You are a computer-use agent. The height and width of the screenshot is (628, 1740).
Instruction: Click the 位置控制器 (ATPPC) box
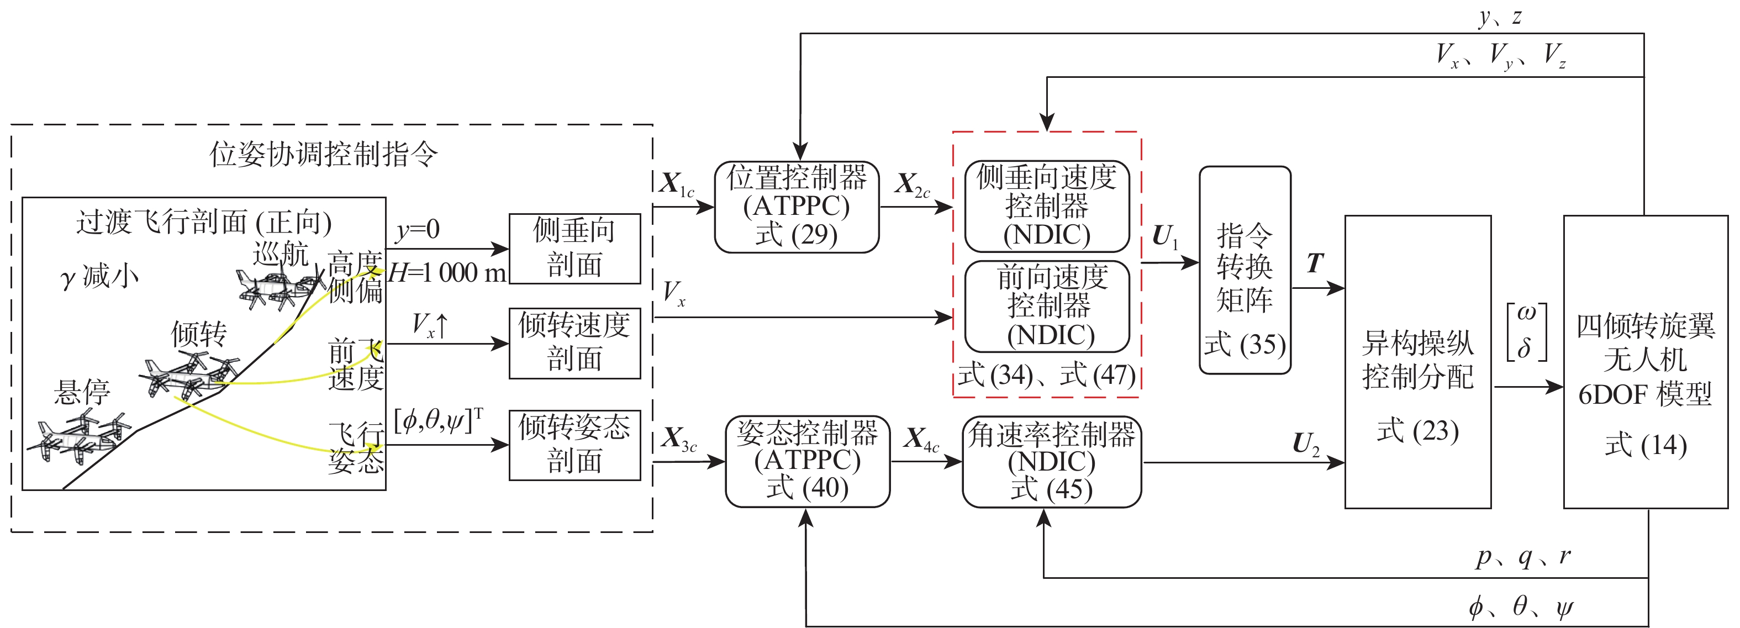click(797, 207)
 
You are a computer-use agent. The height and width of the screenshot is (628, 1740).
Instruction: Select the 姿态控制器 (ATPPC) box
click(807, 461)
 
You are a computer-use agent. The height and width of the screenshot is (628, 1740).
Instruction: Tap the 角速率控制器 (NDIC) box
click(1051, 462)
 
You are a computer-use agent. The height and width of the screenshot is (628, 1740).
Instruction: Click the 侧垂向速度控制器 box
click(1046, 206)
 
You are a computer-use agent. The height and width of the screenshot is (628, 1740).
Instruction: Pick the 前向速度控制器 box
click(1046, 307)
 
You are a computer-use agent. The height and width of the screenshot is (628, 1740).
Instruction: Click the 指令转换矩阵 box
click(1244, 270)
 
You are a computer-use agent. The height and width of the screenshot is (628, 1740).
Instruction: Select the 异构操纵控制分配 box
click(1417, 361)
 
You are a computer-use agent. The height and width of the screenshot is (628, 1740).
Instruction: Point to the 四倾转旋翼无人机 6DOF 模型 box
click(1646, 361)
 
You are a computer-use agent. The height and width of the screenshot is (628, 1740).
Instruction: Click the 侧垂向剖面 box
click(574, 249)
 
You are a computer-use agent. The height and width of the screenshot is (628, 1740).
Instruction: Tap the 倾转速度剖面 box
click(574, 343)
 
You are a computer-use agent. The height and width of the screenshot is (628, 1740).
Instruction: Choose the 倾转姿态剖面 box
click(574, 445)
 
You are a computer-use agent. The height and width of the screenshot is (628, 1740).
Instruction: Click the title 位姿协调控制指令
click(324, 155)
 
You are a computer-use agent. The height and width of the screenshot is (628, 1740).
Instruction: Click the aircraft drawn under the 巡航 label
click(277, 287)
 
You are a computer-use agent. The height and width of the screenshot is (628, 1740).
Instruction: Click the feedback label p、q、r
click(1522, 557)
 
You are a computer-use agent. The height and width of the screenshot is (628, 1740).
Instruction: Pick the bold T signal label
click(1315, 263)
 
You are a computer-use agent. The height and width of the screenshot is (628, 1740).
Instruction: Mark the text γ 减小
click(99, 277)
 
